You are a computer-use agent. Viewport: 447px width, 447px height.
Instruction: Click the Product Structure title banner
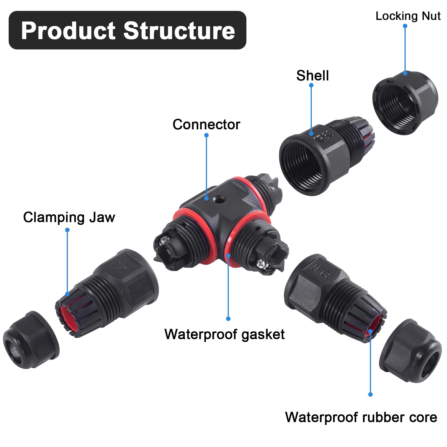[127, 30]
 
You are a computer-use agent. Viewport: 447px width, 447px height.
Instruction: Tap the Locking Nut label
[408, 16]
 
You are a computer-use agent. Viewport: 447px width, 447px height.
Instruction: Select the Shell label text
[312, 76]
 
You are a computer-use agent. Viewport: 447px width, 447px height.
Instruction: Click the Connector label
[206, 125]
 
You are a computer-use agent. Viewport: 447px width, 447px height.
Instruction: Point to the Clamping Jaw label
[69, 217]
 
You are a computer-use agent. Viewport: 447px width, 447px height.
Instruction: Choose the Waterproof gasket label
[224, 334]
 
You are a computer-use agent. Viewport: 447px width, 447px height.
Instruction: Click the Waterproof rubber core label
[361, 417]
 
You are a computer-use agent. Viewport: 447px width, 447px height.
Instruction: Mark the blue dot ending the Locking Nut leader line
[405, 26]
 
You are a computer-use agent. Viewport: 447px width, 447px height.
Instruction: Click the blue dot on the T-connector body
[206, 198]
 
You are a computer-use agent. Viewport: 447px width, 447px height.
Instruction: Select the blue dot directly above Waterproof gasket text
[228, 319]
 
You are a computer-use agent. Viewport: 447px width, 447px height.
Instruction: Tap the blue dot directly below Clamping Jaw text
[67, 230]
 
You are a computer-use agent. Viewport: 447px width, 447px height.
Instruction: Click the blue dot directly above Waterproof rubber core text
[370, 394]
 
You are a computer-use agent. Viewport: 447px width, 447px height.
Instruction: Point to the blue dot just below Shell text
[311, 85]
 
